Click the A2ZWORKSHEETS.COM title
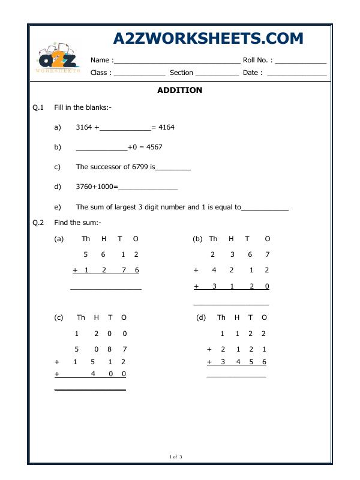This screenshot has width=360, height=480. click(x=208, y=38)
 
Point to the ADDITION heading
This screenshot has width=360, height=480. click(x=179, y=91)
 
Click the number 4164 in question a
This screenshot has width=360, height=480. click(x=166, y=127)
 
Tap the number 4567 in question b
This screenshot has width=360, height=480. click(x=154, y=147)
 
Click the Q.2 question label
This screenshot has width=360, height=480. click(x=38, y=223)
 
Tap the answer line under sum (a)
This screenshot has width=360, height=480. click(x=106, y=290)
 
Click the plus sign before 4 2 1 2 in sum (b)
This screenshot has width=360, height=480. click(x=196, y=270)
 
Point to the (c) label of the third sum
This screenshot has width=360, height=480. click(x=59, y=317)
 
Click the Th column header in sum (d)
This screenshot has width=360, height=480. click(x=221, y=317)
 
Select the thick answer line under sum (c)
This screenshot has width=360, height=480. click(x=90, y=390)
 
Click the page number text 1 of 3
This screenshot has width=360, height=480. click(x=176, y=457)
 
